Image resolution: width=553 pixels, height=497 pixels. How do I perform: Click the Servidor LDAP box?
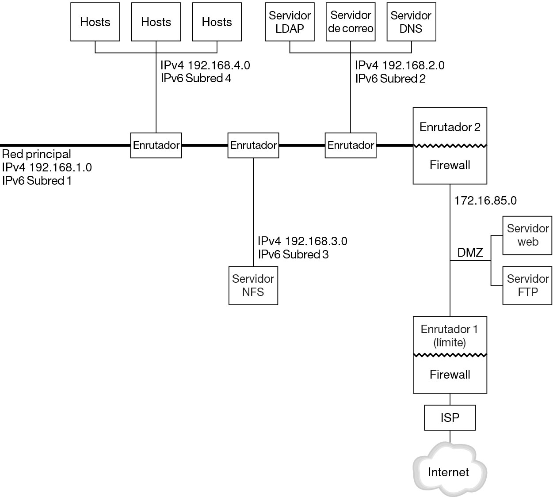[290, 22]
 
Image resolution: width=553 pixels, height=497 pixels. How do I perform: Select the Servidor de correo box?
[351, 22]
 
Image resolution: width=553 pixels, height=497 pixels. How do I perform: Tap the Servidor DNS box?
[411, 22]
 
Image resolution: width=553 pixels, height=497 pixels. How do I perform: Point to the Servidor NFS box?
[253, 285]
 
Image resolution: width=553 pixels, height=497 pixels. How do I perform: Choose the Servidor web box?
[527, 235]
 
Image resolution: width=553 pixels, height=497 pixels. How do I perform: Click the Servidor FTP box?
[527, 285]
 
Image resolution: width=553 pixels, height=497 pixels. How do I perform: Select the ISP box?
[450, 417]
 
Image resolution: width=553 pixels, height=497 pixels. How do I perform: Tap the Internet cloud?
[449, 472]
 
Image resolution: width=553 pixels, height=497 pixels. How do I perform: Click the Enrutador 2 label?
[450, 127]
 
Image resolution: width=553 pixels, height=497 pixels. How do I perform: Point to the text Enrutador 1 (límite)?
[450, 336]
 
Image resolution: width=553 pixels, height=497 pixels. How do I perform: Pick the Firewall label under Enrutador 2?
[450, 165]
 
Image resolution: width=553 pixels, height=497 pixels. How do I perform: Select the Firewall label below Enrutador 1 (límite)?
[450, 375]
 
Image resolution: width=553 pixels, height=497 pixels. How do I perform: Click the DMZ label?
[470, 253]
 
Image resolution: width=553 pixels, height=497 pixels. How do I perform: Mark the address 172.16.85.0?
[485, 201]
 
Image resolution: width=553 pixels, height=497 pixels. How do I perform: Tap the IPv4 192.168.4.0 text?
[205, 65]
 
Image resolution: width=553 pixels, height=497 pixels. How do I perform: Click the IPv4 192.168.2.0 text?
[400, 65]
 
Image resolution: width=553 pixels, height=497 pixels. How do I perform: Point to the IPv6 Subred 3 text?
[293, 254]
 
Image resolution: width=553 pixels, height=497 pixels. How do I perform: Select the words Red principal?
[36, 154]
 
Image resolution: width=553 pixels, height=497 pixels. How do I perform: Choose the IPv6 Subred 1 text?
[37, 181]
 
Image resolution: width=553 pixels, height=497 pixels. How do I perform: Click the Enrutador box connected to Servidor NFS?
[253, 145]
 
